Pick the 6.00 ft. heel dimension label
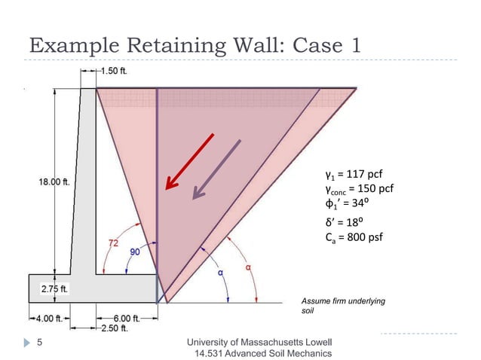tap(120, 318)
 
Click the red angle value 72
tap(113, 243)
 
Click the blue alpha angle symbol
tap(222, 273)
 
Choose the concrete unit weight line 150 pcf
tap(359, 188)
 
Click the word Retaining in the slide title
tap(171, 44)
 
